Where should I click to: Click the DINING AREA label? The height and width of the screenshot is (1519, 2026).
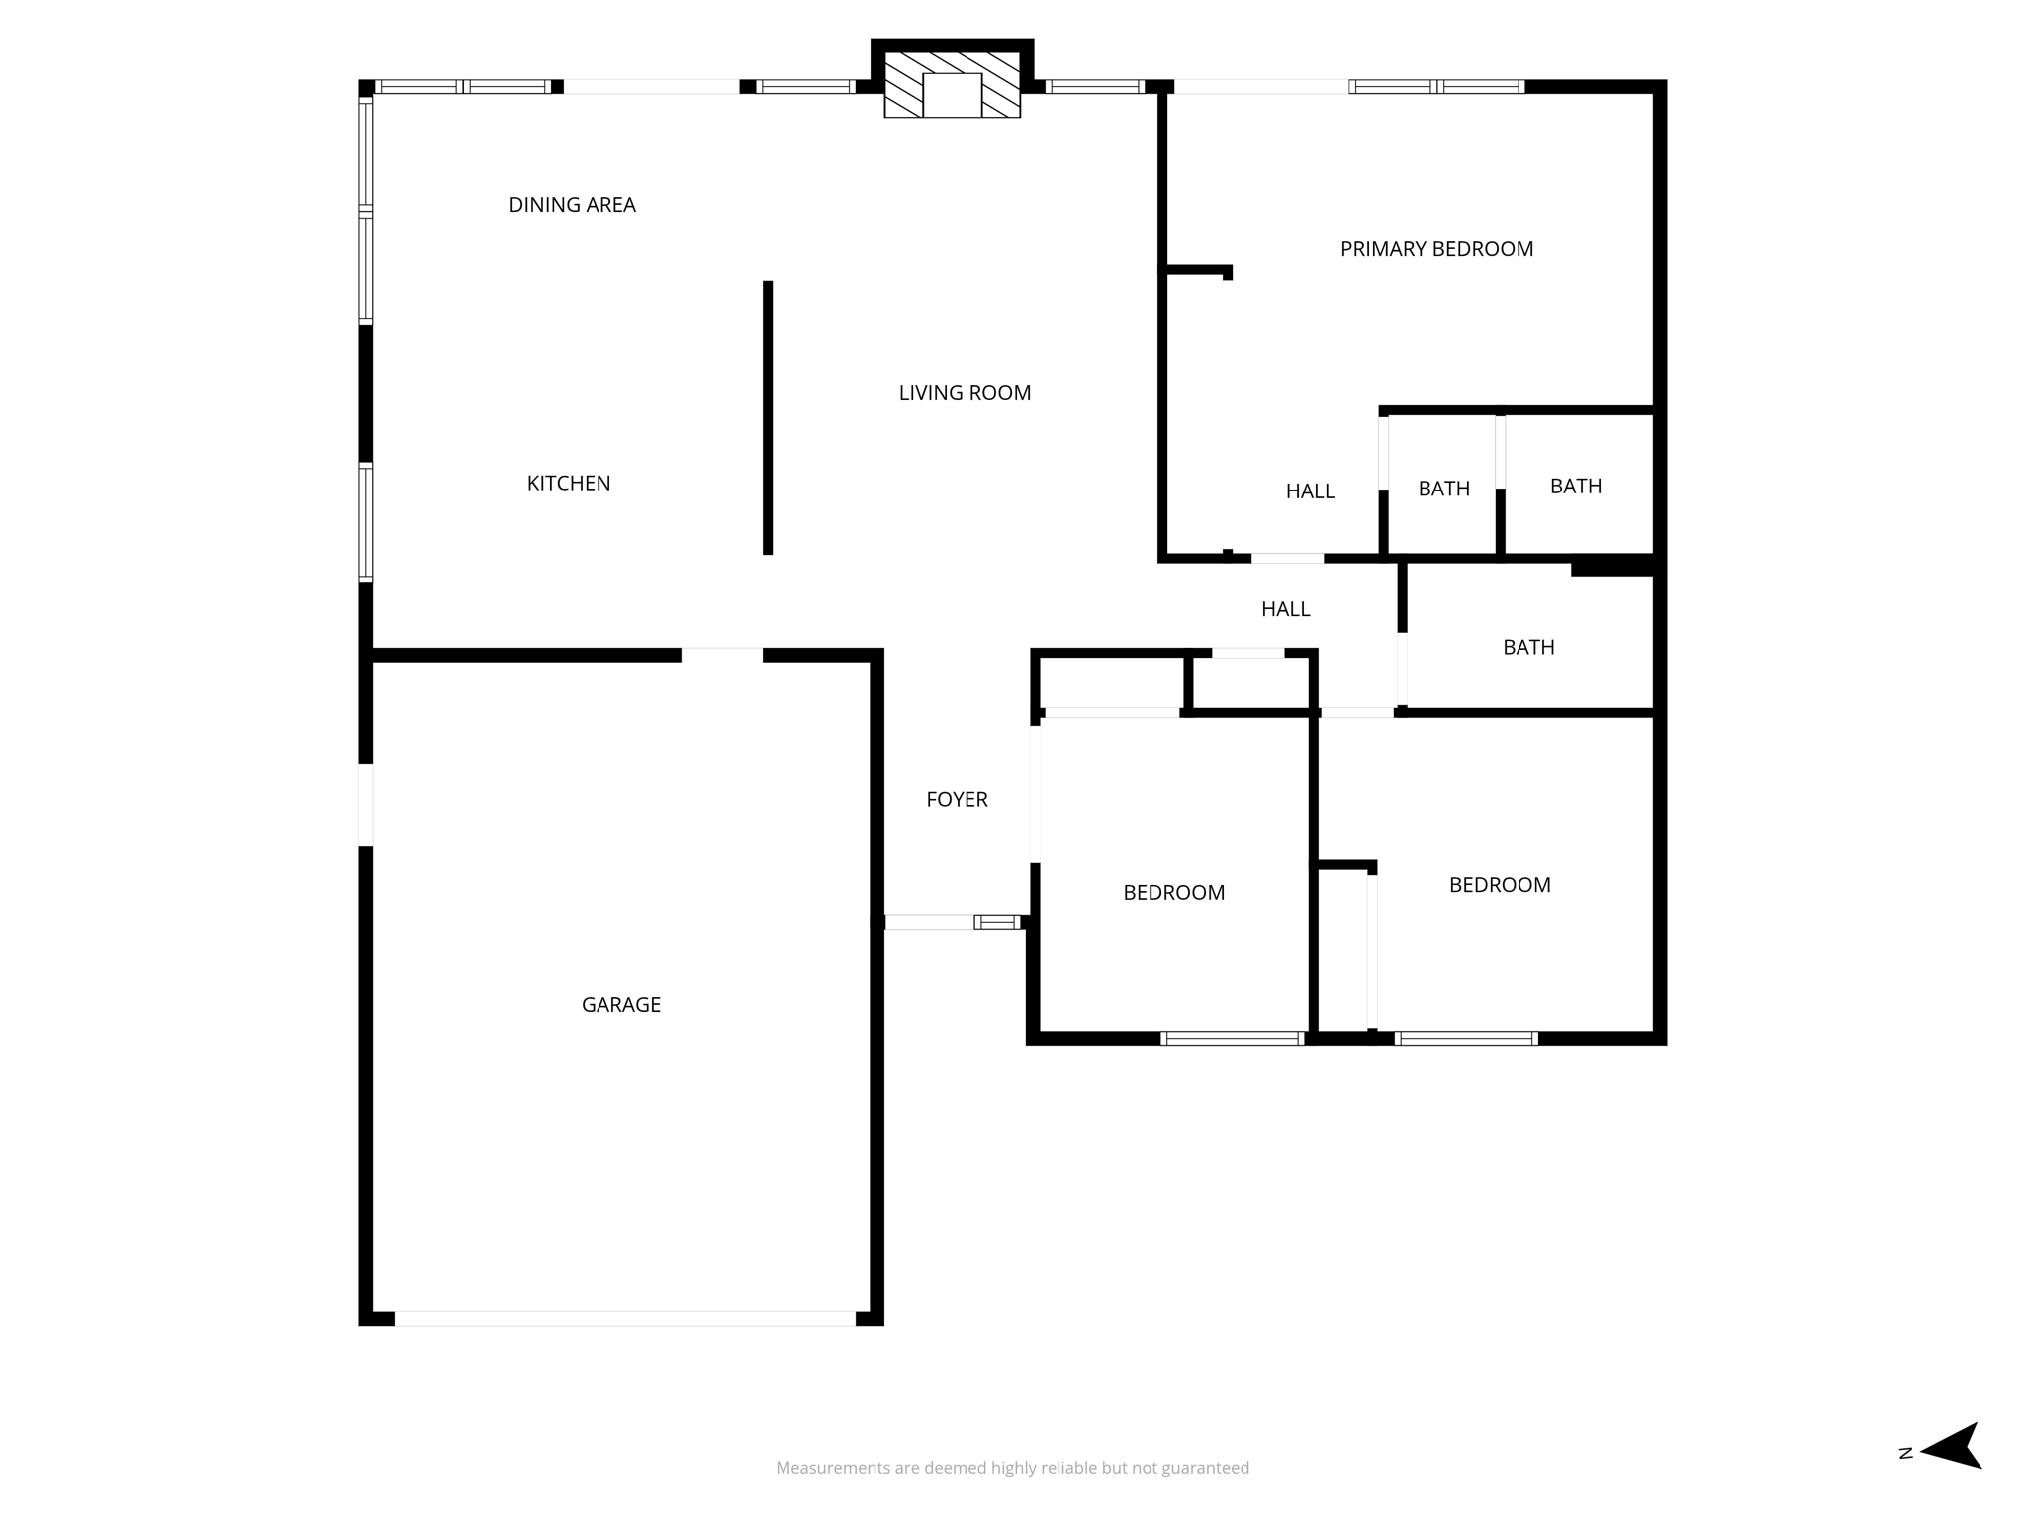pyautogui.click(x=572, y=205)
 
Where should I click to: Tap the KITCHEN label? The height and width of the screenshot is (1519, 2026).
pyautogui.click(x=569, y=484)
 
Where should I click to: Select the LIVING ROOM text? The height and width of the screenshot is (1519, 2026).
pyautogui.click(x=965, y=393)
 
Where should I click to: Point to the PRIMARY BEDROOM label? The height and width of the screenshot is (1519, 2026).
pyautogui.click(x=1436, y=249)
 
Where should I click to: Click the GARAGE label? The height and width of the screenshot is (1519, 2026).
pyautogui.click(x=621, y=1005)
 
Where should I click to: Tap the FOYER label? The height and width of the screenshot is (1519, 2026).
pyautogui.click(x=957, y=800)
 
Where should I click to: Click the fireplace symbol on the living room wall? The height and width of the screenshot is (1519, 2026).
pyautogui.click(x=952, y=83)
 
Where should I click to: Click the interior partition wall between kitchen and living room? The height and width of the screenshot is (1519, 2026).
pyautogui.click(x=768, y=417)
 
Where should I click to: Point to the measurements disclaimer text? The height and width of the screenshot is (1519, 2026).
pyautogui.click(x=1012, y=1468)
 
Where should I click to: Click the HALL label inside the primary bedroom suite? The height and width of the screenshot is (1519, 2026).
pyautogui.click(x=1310, y=491)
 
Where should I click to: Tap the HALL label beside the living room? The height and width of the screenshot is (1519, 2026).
pyautogui.click(x=1285, y=609)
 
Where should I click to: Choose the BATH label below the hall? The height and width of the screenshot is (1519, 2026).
pyautogui.click(x=1528, y=648)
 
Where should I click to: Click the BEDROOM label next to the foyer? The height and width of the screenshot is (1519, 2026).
pyautogui.click(x=1173, y=893)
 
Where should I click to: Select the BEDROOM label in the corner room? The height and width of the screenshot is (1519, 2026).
pyautogui.click(x=1500, y=885)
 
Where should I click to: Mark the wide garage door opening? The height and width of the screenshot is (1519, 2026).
pyautogui.click(x=625, y=1318)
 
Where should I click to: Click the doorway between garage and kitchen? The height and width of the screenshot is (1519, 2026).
pyautogui.click(x=722, y=655)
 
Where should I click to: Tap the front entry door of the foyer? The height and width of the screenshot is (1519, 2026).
pyautogui.click(x=953, y=922)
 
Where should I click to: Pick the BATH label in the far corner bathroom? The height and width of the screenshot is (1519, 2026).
pyautogui.click(x=1575, y=487)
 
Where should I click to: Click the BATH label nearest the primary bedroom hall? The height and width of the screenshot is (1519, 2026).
pyautogui.click(x=1443, y=489)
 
